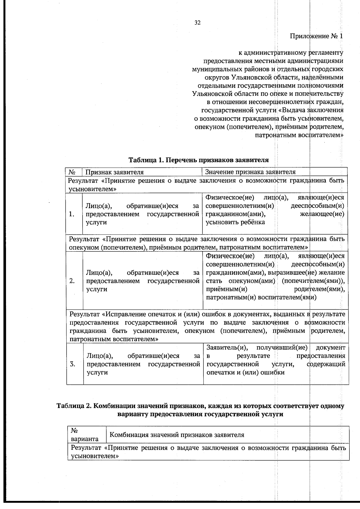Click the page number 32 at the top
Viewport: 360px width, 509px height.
197,23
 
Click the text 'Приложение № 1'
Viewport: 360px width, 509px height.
316,36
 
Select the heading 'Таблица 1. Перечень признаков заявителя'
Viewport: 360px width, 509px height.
199,160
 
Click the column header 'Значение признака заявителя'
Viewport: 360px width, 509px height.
250,172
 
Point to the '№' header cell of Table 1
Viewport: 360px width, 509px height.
72,172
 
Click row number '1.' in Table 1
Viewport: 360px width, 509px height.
71,214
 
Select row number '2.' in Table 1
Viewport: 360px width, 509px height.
72,281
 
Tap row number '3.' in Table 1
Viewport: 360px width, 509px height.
72,364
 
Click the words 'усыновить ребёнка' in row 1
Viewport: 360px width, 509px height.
235,222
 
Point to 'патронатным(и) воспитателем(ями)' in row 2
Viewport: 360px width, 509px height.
261,298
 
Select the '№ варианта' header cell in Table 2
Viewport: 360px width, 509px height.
85,435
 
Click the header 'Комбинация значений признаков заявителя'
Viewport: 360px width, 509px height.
177,435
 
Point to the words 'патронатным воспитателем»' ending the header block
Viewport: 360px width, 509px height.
299,135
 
